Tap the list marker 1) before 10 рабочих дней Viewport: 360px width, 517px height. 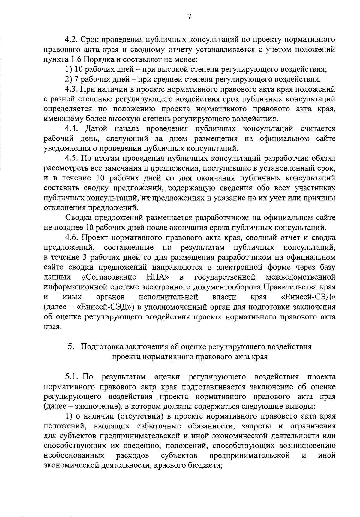coord(68,70)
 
